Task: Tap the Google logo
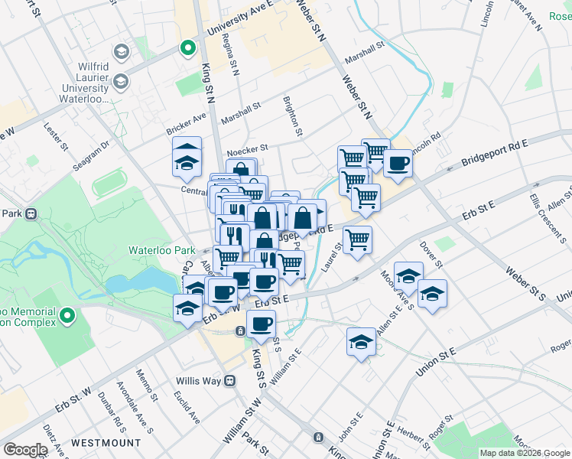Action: coord(25,450)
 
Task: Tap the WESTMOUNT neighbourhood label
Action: coord(106,443)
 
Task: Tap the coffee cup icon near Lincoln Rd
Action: coord(397,164)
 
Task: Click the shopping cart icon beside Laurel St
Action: coord(357,239)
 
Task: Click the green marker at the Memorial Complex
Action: coord(68,315)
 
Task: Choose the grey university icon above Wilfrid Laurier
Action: coord(120,51)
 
